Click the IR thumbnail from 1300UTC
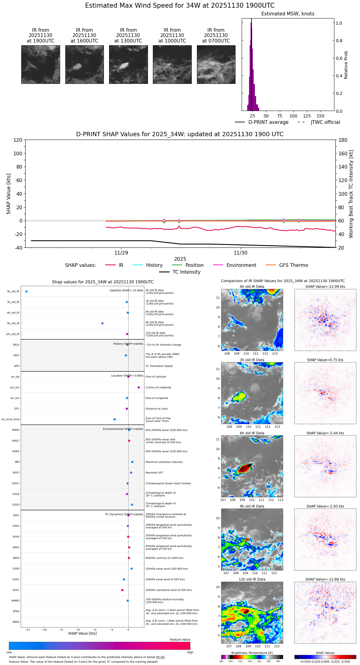click(128, 64)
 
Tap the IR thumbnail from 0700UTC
click(216, 64)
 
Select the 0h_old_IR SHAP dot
click(27, 291)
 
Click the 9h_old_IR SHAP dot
click(102, 323)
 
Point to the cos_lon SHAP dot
click(139, 387)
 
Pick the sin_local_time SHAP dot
click(115, 419)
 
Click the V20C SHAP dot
click(122, 590)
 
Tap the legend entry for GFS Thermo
click(293, 265)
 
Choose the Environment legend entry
click(241, 265)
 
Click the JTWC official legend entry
click(325, 122)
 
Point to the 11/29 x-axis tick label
click(121, 253)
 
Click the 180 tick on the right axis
click(343, 140)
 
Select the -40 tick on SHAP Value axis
click(18, 248)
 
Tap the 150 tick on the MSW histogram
click(321, 116)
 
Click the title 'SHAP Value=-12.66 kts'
click(325, 579)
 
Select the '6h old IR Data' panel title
click(252, 433)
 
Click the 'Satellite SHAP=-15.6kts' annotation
click(126, 290)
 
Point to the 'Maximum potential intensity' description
click(164, 462)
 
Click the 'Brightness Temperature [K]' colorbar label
click(252, 653)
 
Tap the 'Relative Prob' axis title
click(346, 65)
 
